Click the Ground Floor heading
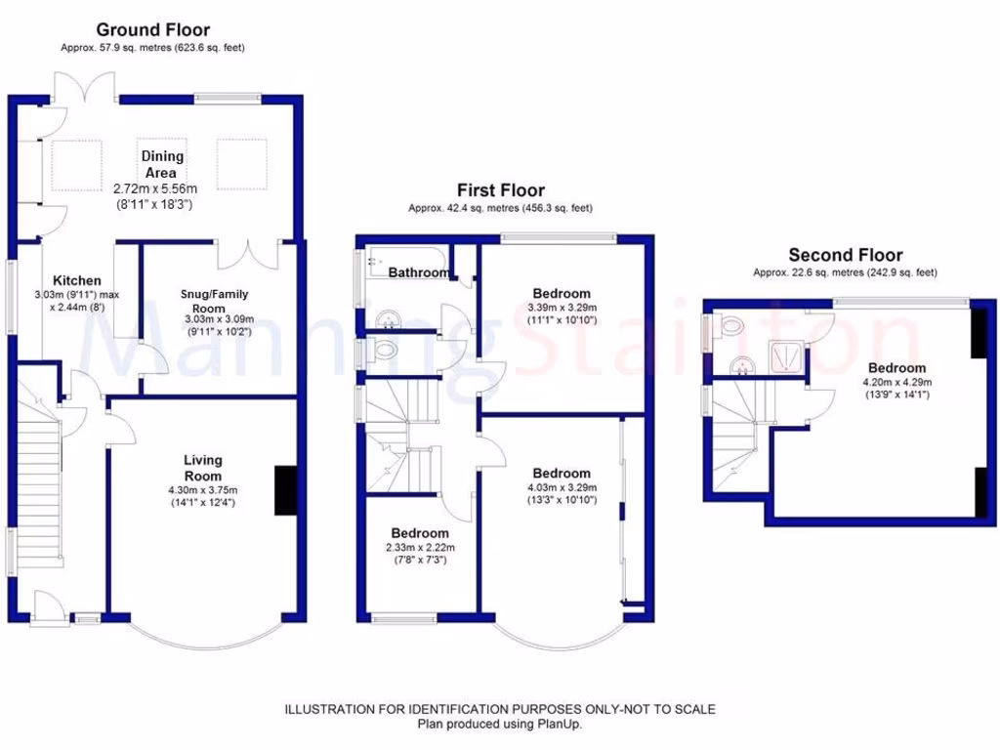click(x=152, y=30)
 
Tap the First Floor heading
click(x=500, y=190)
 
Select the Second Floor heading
click(x=845, y=255)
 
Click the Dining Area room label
click(x=162, y=164)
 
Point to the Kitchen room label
click(x=77, y=280)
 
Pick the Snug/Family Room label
click(x=214, y=300)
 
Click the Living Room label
click(x=203, y=467)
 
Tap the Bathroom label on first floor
click(x=419, y=272)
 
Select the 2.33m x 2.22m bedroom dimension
click(x=420, y=548)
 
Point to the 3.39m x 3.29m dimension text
click(x=562, y=307)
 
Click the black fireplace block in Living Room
click(x=285, y=489)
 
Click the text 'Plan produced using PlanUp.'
click(x=499, y=724)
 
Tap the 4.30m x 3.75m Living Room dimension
click(x=203, y=490)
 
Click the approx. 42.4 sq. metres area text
click(x=500, y=208)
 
